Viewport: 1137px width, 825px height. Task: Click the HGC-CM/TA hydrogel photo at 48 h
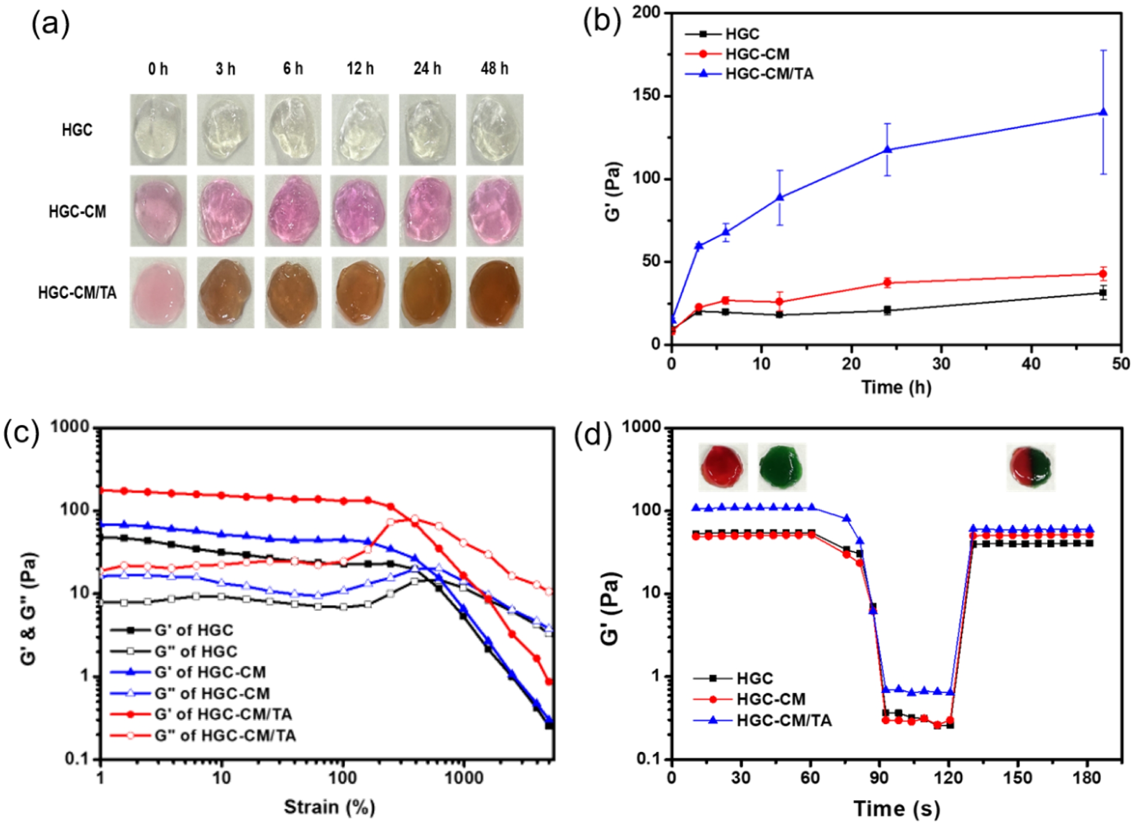[495, 292]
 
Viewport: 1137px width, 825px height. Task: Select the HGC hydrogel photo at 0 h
[158, 129]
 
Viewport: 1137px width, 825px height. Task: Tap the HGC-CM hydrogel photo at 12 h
[360, 211]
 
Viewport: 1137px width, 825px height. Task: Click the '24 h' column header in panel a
[427, 69]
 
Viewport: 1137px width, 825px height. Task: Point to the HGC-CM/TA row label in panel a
[77, 293]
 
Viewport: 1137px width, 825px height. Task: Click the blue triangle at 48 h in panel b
[1103, 112]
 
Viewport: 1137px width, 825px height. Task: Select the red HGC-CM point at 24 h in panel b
[887, 283]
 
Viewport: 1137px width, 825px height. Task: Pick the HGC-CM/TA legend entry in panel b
[769, 74]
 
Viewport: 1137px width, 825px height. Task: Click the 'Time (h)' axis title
[896, 387]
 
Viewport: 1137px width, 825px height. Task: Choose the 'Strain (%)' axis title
[329, 807]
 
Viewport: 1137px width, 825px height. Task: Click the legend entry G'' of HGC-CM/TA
[225, 735]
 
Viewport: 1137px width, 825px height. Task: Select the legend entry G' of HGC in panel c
[194, 630]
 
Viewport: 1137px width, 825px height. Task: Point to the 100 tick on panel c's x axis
[343, 778]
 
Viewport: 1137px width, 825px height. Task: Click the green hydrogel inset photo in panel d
[781, 467]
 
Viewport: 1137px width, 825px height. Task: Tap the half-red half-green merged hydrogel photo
[1031, 467]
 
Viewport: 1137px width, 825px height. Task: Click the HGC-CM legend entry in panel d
[771, 699]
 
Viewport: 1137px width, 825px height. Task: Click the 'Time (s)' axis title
[896, 808]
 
